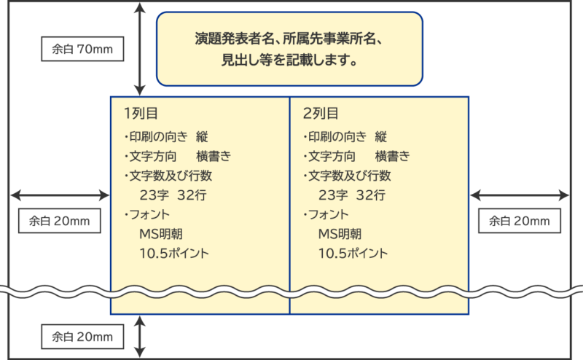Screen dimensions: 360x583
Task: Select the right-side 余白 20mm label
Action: [519, 220]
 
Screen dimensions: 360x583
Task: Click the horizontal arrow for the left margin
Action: [60, 195]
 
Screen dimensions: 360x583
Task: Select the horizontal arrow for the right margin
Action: [520, 195]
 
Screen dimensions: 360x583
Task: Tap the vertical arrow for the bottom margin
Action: [141, 336]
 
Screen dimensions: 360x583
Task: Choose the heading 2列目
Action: [320, 114]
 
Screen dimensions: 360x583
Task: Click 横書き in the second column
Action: [392, 156]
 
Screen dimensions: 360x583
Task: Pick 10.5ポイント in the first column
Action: [173, 254]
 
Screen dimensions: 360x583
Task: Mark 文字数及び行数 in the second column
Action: [349, 176]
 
